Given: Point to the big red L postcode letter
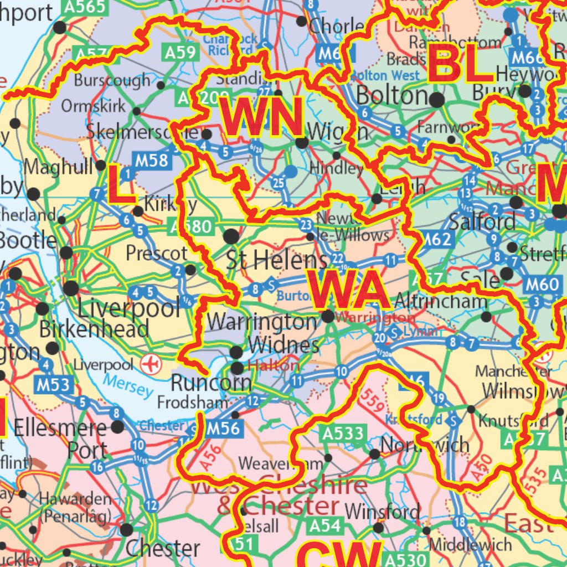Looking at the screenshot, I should [x=121, y=185].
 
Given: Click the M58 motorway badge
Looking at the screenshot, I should [x=151, y=160].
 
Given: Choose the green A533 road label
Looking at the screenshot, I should [x=342, y=433].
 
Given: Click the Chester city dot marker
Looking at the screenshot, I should [x=127, y=530].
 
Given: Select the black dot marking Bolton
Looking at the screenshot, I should [x=437, y=100].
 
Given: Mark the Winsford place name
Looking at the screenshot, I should [x=382, y=511].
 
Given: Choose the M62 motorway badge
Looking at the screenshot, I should [x=437, y=239].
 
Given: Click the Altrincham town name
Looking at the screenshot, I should [x=441, y=301].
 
